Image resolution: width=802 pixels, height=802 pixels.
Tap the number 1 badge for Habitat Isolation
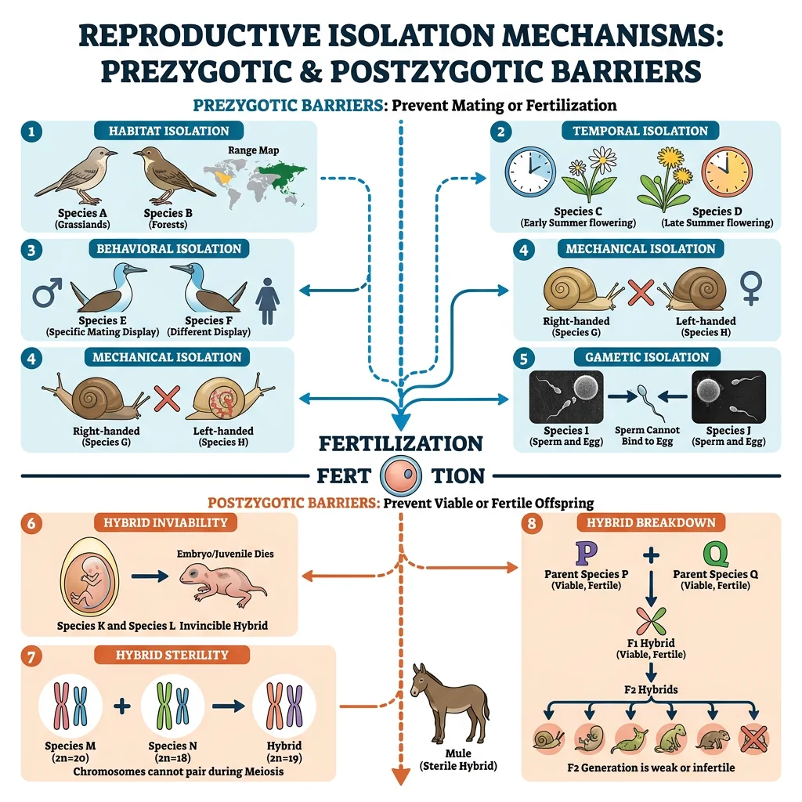pos(31,132)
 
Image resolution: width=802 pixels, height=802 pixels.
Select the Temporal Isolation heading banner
pos(640,131)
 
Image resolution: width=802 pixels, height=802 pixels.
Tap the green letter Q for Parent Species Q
pos(715,553)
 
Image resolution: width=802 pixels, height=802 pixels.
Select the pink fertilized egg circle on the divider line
pos(401,475)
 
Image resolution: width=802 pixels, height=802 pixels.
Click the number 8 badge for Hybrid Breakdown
pos(532,523)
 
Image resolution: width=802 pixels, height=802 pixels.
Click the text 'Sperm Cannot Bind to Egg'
pos(647,435)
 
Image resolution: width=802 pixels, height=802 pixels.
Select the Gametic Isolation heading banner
pos(646,356)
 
